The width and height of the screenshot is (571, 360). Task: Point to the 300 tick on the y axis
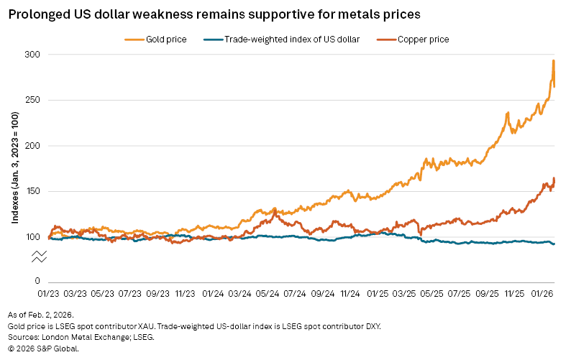coord(33,55)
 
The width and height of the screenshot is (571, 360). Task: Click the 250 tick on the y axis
coord(33,101)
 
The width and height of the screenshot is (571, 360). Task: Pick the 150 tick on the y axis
coord(33,192)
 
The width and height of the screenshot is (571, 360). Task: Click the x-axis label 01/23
coord(49,293)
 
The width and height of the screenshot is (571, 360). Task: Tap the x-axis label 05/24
coord(268,293)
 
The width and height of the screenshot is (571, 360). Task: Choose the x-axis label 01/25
coord(378,293)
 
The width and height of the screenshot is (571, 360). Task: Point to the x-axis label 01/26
coord(542,293)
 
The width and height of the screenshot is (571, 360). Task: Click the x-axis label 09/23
coord(158,293)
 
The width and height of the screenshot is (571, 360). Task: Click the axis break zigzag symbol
coord(39,257)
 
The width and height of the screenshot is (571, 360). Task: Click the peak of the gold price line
coord(553,60)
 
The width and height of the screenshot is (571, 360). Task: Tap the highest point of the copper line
coord(554,178)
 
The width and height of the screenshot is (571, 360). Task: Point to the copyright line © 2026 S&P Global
coord(44,348)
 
